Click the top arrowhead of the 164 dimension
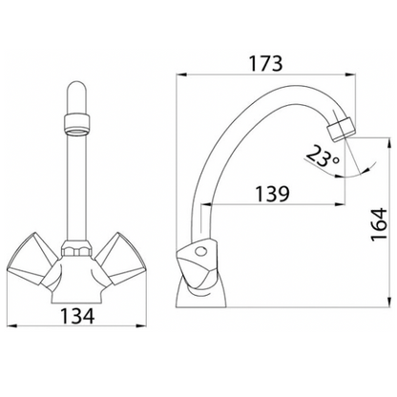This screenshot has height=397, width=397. (x=365, y=140)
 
